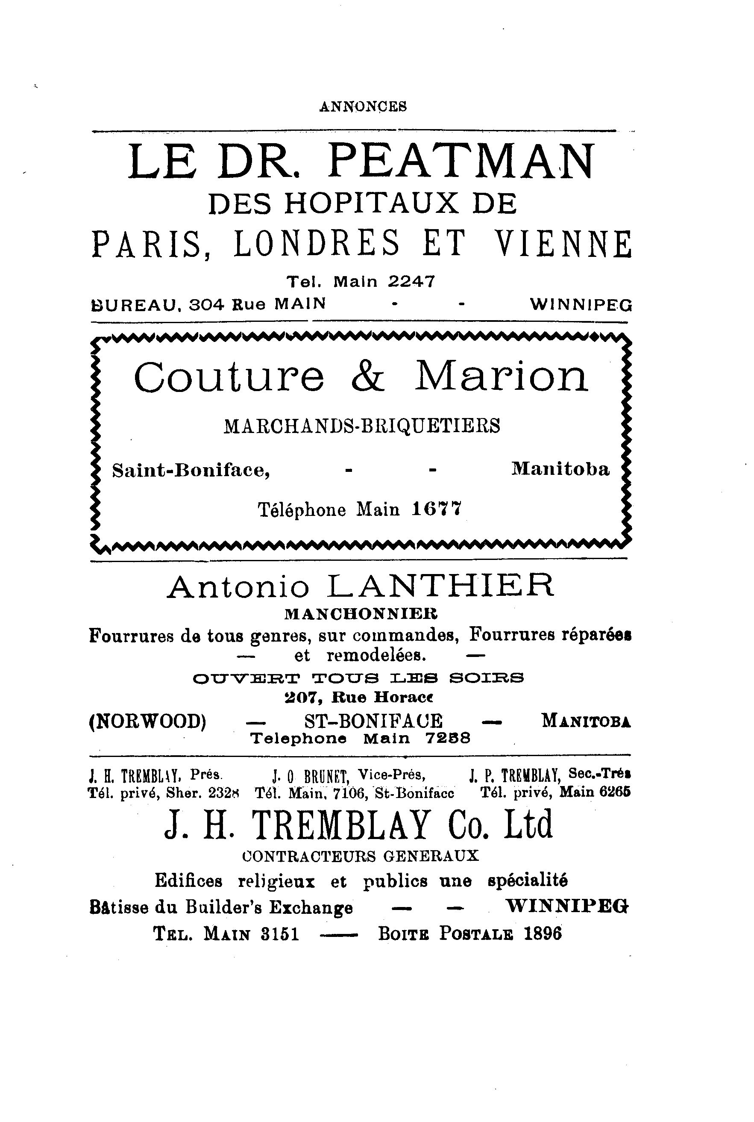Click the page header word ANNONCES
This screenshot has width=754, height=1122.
(363, 106)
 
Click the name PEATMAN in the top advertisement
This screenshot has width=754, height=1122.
(462, 162)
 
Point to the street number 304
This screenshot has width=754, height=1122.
(207, 304)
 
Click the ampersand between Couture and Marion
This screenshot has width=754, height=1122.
(368, 377)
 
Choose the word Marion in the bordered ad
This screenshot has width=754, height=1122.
(501, 377)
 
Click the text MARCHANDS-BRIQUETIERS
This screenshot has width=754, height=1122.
(361, 426)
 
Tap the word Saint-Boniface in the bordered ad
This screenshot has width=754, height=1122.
(191, 470)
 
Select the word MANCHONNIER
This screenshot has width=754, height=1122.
(361, 614)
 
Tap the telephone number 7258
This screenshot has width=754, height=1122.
(448, 738)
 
